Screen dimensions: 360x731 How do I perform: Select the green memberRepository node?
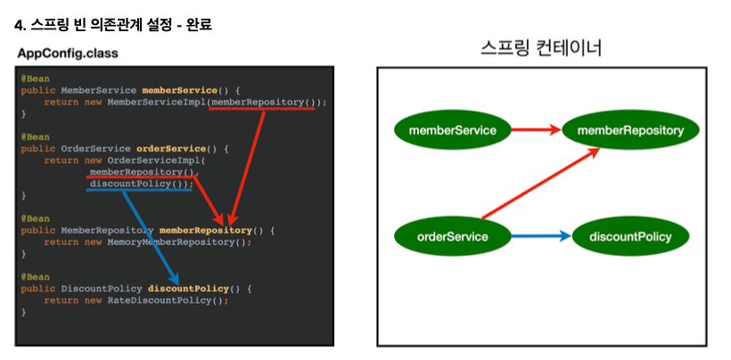(x=630, y=130)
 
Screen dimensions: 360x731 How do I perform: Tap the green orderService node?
(x=452, y=236)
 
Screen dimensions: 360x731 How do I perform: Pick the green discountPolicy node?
(x=630, y=236)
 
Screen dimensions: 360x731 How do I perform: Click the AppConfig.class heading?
(x=68, y=53)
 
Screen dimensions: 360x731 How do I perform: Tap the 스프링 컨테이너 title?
(x=540, y=47)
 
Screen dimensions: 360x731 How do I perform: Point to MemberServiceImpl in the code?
(x=156, y=102)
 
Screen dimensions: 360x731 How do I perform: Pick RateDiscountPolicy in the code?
(x=159, y=300)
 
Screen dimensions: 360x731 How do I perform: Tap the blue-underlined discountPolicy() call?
(x=139, y=184)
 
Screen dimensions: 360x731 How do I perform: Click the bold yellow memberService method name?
(x=178, y=91)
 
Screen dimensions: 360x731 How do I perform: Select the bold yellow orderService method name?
(x=169, y=149)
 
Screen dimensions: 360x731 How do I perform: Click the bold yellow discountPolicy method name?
(x=188, y=289)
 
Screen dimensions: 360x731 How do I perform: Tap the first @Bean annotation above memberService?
(x=36, y=78)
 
